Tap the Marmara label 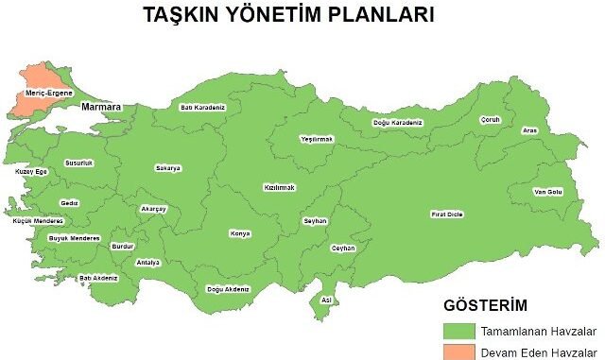pyautogui.click(x=101, y=108)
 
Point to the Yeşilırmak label pyautogui.click(x=318, y=139)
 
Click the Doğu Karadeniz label pyautogui.click(x=397, y=123)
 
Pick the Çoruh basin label pyautogui.click(x=490, y=120)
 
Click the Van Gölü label pyautogui.click(x=547, y=192)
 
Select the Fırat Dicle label pyautogui.click(x=447, y=214)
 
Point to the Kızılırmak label pyautogui.click(x=280, y=187)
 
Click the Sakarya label pyautogui.click(x=168, y=168)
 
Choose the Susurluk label pyautogui.click(x=79, y=163)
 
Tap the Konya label pyautogui.click(x=240, y=233)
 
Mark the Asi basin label pyautogui.click(x=326, y=300)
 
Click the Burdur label pyautogui.click(x=123, y=246)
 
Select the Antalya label pyautogui.click(x=148, y=262)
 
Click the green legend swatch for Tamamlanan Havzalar pyautogui.click(x=459, y=331)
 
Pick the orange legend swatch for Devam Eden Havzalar pyautogui.click(x=459, y=352)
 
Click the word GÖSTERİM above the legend pyautogui.click(x=485, y=305)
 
